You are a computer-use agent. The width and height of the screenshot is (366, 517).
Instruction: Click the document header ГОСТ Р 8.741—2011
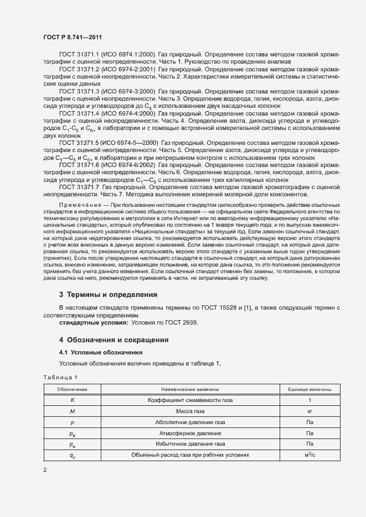(x=73, y=36)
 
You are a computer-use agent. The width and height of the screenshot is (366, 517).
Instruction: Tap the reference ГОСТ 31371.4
(x=78, y=113)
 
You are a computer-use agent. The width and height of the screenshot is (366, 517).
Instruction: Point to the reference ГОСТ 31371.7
(x=78, y=187)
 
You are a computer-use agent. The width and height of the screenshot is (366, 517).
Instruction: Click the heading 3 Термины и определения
(x=108, y=295)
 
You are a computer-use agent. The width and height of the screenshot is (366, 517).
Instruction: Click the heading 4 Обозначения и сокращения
(x=114, y=340)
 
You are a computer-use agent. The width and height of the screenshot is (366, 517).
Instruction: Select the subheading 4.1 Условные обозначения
(x=94, y=352)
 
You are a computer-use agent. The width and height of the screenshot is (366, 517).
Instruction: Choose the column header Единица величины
(x=310, y=389)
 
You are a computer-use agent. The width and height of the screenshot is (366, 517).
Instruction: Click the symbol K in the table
(x=72, y=400)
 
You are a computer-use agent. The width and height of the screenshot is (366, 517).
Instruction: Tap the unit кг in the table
(x=310, y=411)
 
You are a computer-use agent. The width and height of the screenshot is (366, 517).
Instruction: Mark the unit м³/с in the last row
(x=310, y=455)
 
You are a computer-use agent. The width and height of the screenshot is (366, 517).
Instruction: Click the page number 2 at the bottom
(x=45, y=470)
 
